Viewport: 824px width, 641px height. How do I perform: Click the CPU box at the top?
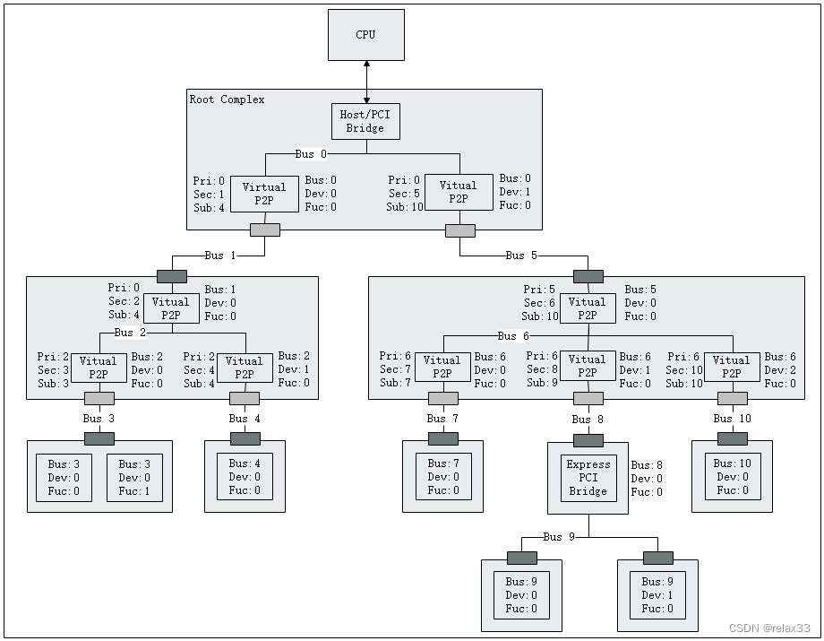tap(365, 35)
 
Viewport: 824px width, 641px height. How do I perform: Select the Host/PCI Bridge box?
tap(365, 121)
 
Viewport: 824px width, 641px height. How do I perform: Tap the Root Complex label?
tap(227, 100)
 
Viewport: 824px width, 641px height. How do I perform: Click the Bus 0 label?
tap(311, 154)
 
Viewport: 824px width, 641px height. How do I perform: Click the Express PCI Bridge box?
tap(588, 478)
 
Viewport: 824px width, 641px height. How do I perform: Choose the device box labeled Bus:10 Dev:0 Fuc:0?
tap(732, 477)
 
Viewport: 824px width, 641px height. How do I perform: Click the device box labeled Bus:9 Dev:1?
tap(657, 595)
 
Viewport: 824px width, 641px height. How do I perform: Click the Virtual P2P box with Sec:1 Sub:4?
tap(264, 194)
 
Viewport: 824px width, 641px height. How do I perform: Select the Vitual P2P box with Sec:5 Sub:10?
tap(458, 192)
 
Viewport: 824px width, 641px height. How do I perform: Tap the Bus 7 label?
tap(442, 419)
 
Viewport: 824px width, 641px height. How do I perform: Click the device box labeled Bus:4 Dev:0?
tap(245, 477)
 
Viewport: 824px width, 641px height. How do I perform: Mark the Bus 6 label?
tap(513, 336)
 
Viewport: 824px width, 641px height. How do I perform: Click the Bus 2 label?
tap(130, 333)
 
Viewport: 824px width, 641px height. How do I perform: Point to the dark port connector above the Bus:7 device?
tap(442, 438)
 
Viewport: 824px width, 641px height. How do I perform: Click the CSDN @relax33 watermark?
tap(769, 628)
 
